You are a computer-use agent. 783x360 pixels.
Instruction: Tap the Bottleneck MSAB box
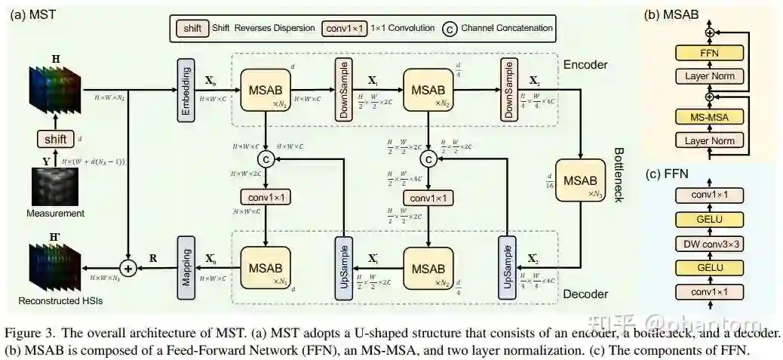(579, 181)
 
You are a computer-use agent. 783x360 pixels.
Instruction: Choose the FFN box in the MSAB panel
(708, 54)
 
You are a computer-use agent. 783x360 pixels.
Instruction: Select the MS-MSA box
(708, 119)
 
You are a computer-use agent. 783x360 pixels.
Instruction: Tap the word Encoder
(585, 65)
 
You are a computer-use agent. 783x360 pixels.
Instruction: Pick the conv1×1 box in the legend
(344, 28)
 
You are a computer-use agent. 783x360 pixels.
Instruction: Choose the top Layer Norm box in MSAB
(708, 76)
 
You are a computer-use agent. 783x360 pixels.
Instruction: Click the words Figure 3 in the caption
(28, 333)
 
